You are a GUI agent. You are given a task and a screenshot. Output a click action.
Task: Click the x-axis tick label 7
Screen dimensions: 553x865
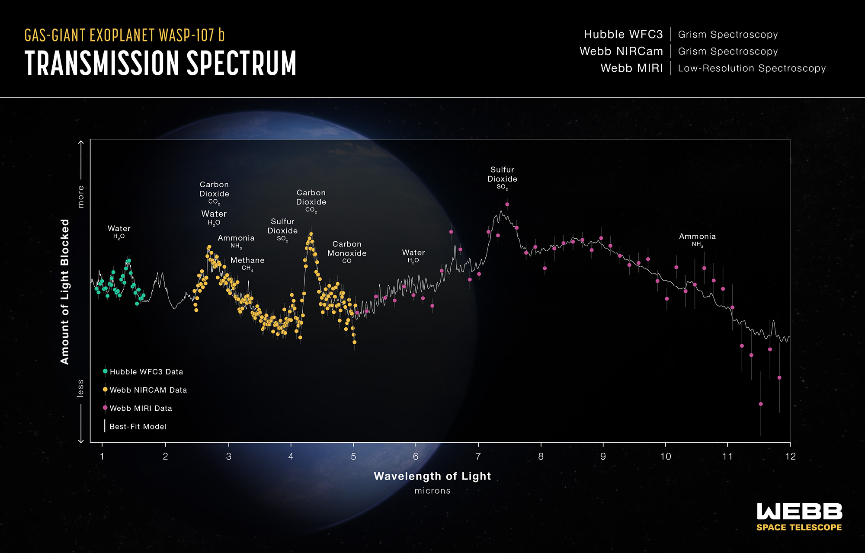pos(478,456)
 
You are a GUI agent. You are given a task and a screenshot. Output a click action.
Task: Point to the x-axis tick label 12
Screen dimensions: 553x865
pos(790,456)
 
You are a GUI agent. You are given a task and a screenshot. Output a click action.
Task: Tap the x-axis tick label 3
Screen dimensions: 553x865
pos(228,456)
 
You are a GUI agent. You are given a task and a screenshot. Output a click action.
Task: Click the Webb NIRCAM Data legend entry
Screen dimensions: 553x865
pos(148,390)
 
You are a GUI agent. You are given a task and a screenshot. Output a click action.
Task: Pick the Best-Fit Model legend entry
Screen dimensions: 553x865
pos(138,426)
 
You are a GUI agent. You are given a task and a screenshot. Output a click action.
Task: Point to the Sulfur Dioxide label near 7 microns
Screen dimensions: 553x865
pos(502,178)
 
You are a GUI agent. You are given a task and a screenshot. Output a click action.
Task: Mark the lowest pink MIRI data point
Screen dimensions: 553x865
pos(761,404)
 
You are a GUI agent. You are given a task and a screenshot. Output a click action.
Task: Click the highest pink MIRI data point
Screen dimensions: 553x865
pos(507,204)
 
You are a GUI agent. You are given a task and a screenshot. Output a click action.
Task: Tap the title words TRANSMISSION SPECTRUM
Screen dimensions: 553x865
pos(160,64)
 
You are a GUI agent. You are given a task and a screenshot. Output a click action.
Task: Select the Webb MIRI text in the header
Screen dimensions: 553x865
pos(631,68)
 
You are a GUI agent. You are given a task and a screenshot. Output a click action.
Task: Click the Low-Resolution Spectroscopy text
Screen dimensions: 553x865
pos(752,68)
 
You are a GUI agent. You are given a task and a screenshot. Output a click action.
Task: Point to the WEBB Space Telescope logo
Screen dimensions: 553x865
pos(799,517)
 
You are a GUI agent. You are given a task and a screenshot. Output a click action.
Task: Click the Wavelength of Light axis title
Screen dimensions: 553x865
pos(432,476)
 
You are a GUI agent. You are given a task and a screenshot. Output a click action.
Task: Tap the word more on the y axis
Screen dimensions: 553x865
pos(80,197)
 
